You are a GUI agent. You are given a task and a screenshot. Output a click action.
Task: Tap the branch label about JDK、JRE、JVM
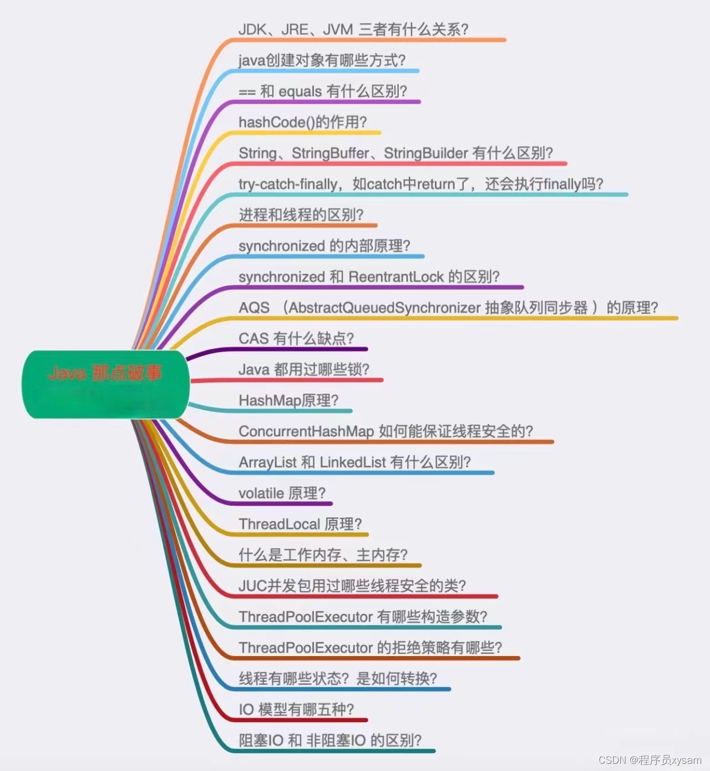coord(353,29)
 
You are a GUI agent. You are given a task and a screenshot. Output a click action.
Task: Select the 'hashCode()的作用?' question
coord(302,122)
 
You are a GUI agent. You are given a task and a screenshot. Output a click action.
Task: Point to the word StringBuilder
coord(425,153)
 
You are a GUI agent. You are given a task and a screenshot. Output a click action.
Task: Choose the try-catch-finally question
coord(420,184)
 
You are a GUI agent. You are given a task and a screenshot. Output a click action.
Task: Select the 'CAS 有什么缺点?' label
coord(296,339)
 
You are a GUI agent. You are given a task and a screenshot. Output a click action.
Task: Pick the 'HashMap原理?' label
coord(288,400)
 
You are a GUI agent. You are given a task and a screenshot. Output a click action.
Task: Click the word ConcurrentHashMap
coord(306,431)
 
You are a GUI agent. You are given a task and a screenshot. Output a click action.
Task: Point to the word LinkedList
coord(353,462)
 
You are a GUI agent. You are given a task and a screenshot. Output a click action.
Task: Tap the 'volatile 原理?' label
coord(282,493)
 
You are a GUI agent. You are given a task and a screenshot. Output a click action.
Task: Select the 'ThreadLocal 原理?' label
coord(300,524)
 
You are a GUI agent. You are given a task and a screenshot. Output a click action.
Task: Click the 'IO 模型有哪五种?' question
coord(296,709)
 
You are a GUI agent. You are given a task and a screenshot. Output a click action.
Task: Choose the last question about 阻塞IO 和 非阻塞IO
coord(330,740)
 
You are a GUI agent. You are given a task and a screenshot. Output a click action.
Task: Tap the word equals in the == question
coord(300,92)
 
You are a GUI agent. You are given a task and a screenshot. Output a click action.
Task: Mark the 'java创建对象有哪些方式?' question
coord(322,61)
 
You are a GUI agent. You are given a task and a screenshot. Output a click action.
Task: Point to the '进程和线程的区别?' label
coord(301,215)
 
